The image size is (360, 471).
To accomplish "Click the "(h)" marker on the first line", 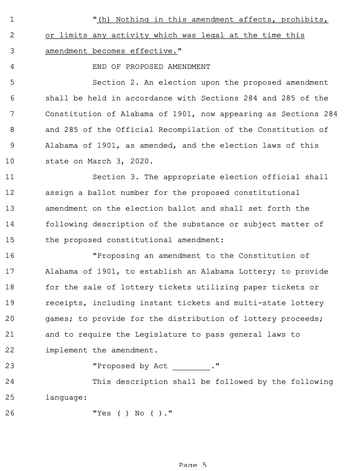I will (x=104, y=20).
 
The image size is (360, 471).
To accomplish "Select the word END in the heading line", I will (x=100, y=67).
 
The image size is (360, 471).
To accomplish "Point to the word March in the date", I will (x=99, y=161).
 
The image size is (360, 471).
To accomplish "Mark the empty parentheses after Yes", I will (x=123, y=413).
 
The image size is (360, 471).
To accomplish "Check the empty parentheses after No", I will (x=156, y=413).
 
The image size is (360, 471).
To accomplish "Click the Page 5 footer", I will (x=193, y=465).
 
